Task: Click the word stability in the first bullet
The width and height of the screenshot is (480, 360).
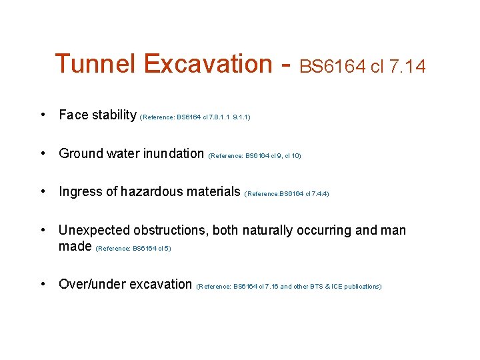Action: coord(114,115)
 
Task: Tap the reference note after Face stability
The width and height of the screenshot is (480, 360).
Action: coord(195,117)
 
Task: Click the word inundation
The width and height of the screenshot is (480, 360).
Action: coord(175,154)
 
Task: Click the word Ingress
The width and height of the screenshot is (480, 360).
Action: coord(81,192)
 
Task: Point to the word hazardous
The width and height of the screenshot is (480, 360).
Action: coord(148,192)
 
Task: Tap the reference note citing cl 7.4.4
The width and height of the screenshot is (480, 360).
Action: coord(287,194)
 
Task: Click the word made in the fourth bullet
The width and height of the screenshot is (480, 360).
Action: coord(75,247)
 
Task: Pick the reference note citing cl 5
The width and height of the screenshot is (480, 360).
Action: coord(133,249)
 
